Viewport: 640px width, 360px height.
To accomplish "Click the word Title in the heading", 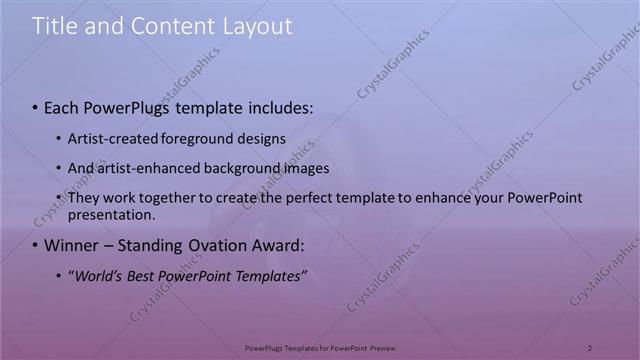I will (54, 27).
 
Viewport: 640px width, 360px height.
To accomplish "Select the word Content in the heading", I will (167, 27).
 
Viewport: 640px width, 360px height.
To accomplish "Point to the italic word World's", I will (93, 275).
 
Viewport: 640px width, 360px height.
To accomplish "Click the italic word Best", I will (138, 275).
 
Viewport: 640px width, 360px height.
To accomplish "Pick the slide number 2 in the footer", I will (590, 347).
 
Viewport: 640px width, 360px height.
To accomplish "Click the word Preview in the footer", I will (383, 347).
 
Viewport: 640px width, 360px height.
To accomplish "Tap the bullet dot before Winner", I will (35, 245).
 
